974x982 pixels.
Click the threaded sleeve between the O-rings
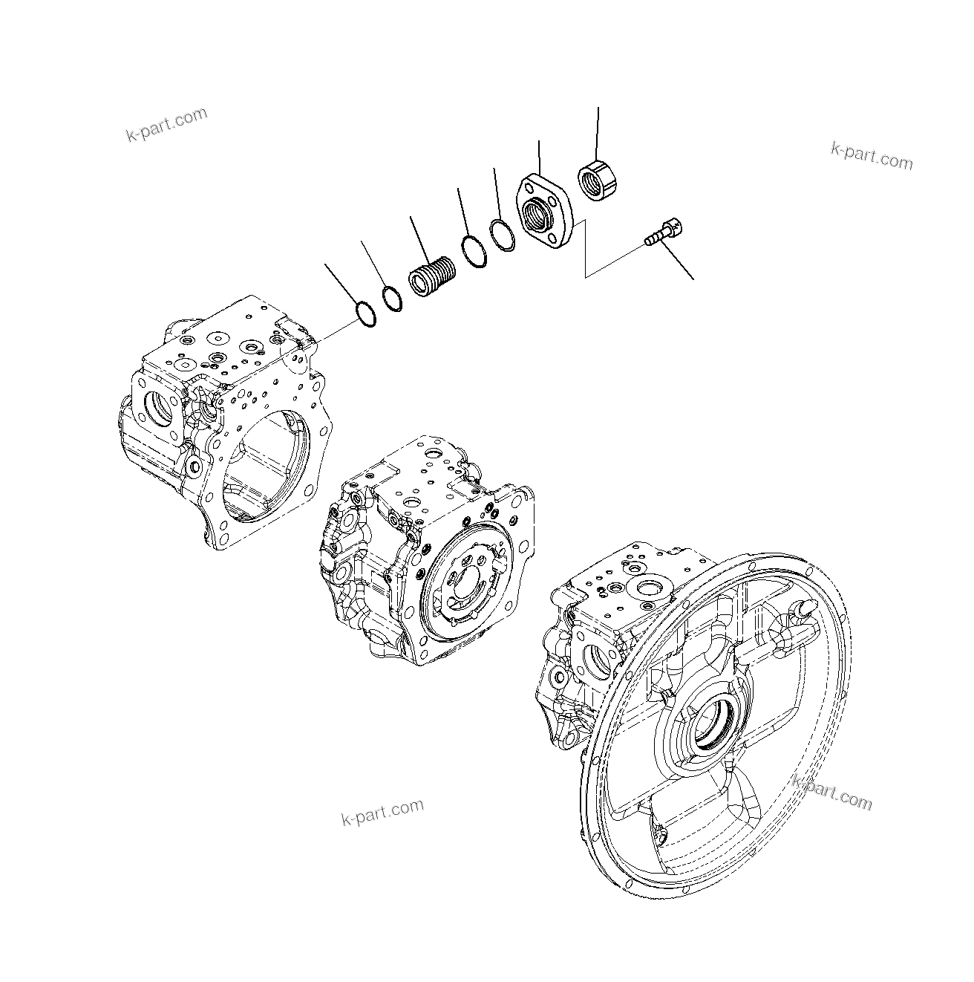432,278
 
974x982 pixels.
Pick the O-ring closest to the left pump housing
365,313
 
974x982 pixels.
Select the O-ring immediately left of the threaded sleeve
392,299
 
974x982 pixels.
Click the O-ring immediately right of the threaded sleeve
473,250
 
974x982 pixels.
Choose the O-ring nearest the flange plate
503,235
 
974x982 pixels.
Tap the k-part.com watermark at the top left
166,125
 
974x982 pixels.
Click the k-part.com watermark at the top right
872,155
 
